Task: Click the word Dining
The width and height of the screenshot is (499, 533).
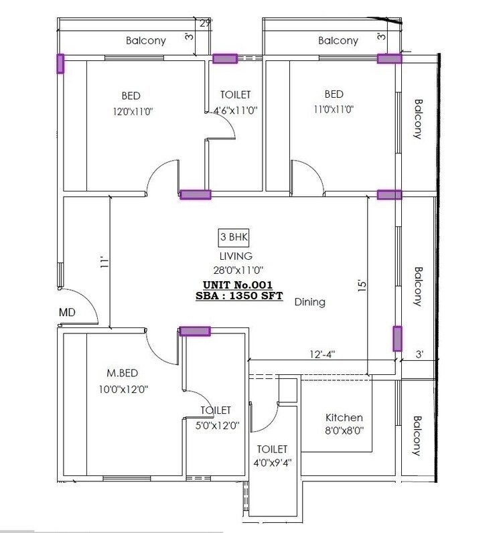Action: tap(309, 302)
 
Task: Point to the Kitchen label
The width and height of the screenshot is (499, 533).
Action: tap(344, 417)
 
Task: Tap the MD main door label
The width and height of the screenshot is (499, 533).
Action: tap(67, 312)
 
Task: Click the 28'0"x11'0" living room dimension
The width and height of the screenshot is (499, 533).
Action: tap(235, 269)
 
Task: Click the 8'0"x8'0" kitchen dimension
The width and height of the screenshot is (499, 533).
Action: tap(344, 432)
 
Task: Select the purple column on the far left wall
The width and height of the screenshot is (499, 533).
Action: tap(60, 64)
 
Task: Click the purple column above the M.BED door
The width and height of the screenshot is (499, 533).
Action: tap(195, 331)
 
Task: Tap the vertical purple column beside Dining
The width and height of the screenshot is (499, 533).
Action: tap(397, 339)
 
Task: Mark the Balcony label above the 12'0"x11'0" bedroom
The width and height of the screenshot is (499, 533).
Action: tap(146, 41)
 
